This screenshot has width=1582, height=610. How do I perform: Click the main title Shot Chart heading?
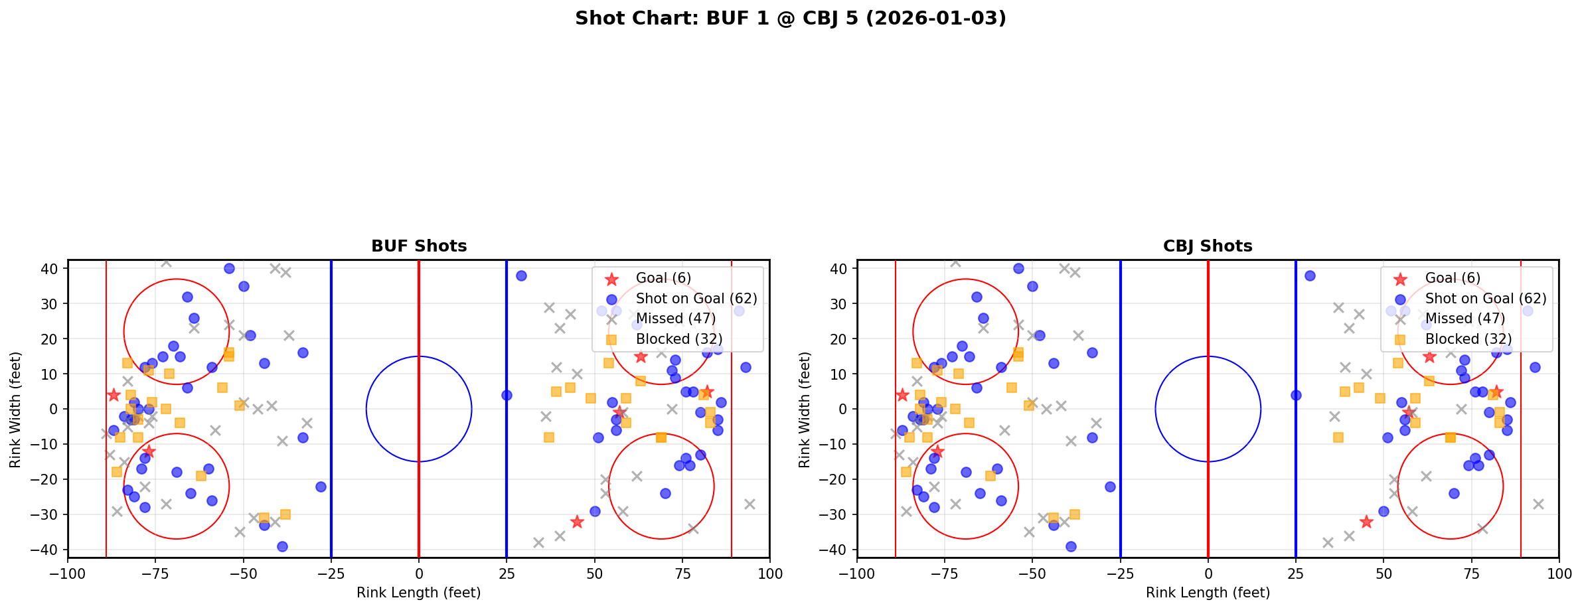[790, 19]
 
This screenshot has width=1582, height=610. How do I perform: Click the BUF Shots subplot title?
[419, 246]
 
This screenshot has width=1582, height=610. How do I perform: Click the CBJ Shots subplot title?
[1208, 246]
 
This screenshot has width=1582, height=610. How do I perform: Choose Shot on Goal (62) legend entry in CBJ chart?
[1486, 299]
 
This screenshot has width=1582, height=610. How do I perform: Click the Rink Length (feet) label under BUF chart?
[419, 593]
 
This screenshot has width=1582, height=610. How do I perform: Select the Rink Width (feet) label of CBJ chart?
[805, 410]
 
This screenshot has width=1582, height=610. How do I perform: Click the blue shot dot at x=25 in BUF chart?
[507, 395]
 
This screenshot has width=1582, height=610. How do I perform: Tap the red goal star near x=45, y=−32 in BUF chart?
[577, 522]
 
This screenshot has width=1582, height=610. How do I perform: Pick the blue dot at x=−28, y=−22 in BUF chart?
[321, 487]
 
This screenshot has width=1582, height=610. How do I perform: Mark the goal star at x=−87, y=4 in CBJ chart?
[902, 395]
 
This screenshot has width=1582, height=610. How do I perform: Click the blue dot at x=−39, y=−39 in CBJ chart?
[1071, 546]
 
